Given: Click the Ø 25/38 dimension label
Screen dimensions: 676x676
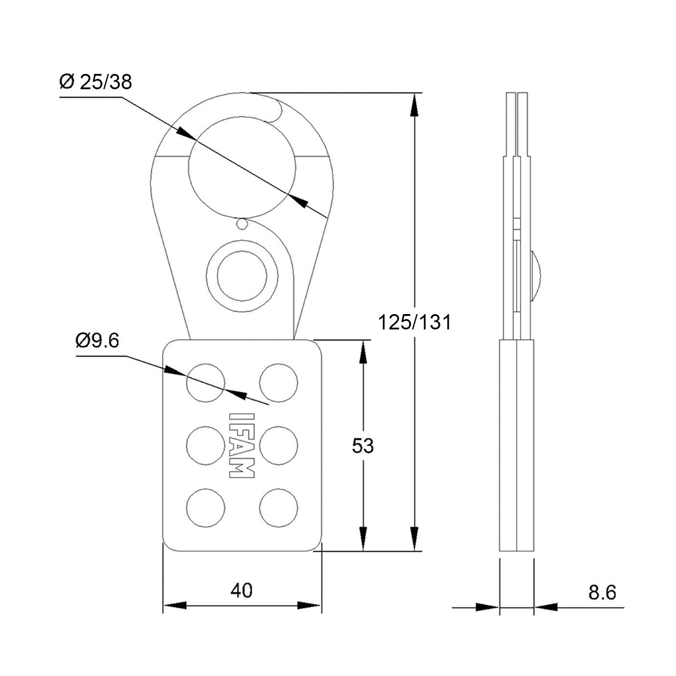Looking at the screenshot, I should pos(96,82).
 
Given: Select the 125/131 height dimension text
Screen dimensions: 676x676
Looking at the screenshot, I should pos(414,323).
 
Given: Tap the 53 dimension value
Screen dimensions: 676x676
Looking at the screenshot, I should pos(363,446).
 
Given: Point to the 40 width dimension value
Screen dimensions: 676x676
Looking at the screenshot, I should pos(242,590).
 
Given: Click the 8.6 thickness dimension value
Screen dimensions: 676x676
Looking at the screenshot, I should pos(602,593).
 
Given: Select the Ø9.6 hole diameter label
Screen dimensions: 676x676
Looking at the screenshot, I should pos(97,341).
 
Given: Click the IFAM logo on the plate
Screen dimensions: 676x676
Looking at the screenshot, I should pos(242,445).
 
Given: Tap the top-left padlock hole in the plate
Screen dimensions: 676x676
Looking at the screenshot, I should pos(206,382).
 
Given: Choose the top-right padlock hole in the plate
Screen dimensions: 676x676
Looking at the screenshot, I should pos(279,382).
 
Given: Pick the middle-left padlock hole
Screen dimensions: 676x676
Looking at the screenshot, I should pos(206,445).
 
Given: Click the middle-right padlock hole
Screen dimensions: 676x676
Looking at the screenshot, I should pos(279,445).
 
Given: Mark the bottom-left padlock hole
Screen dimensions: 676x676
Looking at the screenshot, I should pos(206,508).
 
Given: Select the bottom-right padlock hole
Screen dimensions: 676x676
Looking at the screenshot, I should pos(279,508).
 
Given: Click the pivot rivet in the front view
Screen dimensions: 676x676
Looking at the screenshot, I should pos(242,277).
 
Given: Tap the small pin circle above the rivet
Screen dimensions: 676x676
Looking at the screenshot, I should pos(242,224).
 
